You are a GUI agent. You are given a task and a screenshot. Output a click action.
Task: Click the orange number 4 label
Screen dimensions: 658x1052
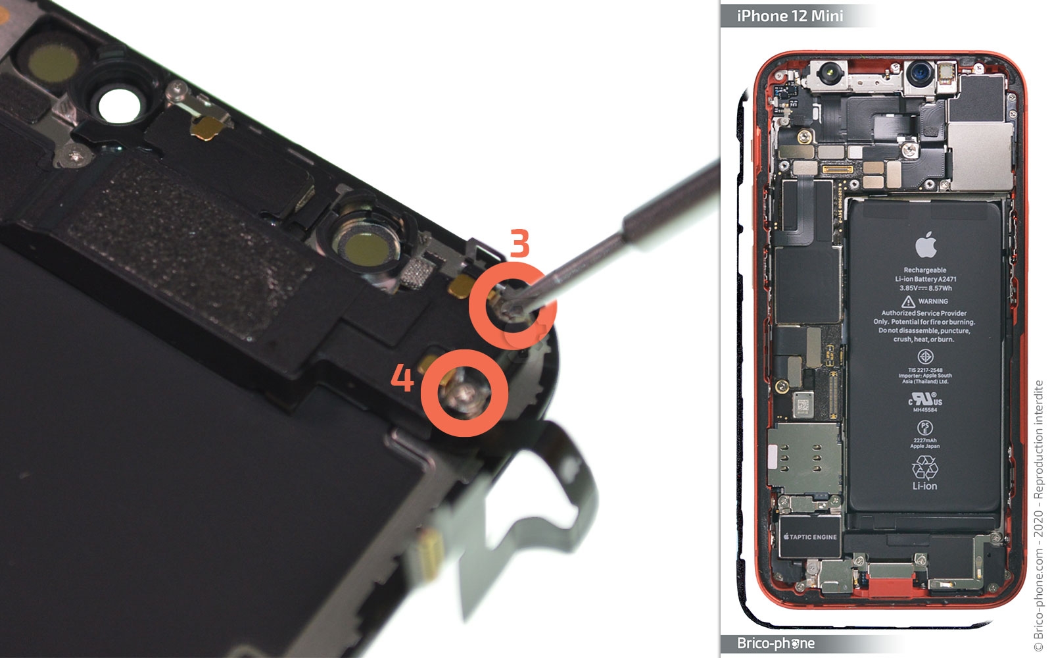[402, 379]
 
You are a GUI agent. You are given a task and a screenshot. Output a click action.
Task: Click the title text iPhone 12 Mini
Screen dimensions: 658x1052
[790, 16]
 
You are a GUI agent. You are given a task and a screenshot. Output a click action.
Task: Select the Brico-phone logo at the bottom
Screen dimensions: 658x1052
[776, 644]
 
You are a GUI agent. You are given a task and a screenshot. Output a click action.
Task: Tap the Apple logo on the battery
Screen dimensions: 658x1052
[925, 245]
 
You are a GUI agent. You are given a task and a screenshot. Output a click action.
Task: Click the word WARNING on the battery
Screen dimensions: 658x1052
[933, 301]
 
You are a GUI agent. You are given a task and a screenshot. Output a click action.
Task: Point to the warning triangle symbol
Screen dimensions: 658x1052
[908, 301]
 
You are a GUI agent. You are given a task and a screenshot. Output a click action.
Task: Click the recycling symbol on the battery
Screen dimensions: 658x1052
[924, 468]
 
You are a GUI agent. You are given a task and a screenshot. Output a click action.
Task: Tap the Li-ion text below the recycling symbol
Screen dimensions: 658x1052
[924, 486]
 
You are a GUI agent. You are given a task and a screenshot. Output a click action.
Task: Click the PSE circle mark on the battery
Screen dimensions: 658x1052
[924, 428]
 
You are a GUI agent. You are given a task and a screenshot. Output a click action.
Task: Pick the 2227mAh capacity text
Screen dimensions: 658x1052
[924, 440]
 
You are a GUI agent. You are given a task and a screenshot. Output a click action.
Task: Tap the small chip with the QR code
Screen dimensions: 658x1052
[802, 404]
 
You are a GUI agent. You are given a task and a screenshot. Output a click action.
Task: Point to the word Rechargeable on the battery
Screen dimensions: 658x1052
[924, 270]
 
